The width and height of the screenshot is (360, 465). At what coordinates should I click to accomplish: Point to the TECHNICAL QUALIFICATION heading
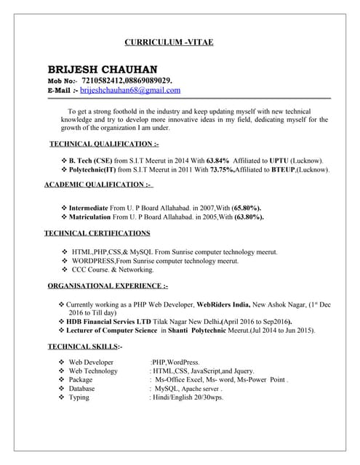pos(103,145)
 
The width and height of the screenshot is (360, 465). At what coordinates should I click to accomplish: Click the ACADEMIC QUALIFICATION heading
pos(98,185)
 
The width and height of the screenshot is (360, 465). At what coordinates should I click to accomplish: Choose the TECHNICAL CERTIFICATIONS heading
pos(97,233)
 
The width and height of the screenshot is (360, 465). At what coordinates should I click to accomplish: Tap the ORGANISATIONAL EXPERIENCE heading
pos(108,285)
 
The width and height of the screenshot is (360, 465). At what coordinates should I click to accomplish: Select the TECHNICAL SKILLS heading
pos(85,346)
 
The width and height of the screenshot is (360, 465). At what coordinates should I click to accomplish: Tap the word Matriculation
pos(95,217)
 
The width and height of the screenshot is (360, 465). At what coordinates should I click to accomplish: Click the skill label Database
pos(83,389)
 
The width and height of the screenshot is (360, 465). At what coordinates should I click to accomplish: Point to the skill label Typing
pos(79,397)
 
